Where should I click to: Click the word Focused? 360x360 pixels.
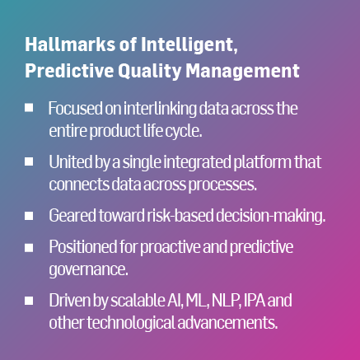(73, 109)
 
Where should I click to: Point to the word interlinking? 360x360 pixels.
(157, 109)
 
